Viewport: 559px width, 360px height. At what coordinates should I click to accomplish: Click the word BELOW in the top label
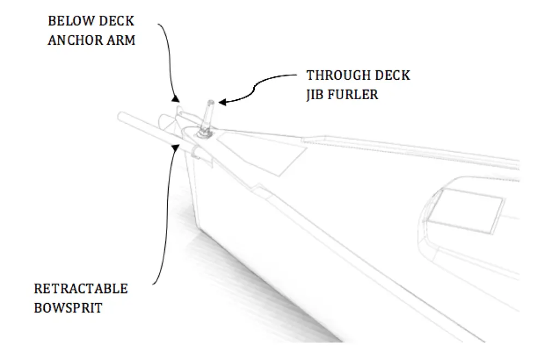tap(70, 21)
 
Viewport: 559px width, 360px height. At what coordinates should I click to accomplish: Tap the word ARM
tap(122, 40)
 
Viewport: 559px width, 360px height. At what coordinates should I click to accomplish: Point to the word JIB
tap(314, 95)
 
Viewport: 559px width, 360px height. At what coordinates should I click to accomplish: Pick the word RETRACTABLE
tap(81, 289)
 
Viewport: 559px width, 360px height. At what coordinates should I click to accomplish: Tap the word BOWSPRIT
tap(68, 308)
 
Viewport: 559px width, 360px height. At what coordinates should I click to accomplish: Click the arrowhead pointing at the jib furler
tap(223, 102)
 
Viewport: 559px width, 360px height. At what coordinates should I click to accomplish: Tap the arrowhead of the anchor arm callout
tap(175, 99)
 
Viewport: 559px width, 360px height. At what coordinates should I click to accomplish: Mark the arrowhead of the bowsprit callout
tap(176, 147)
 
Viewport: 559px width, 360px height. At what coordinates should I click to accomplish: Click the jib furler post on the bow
tap(207, 116)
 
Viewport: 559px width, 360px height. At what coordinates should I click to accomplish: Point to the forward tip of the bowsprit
tap(120, 117)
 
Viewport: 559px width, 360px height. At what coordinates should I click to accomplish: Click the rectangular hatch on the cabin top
tap(465, 210)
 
